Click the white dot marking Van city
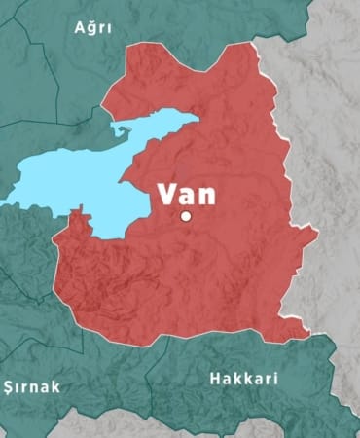tap(186, 216)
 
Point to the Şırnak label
tap(31, 387)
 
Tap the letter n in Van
tap(207, 194)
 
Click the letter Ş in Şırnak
tap(9, 387)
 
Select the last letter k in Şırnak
tap(55, 387)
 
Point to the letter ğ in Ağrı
tap(93, 29)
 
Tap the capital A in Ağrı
tap(81, 27)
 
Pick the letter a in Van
tap(189, 194)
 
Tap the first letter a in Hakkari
tap(230, 379)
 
